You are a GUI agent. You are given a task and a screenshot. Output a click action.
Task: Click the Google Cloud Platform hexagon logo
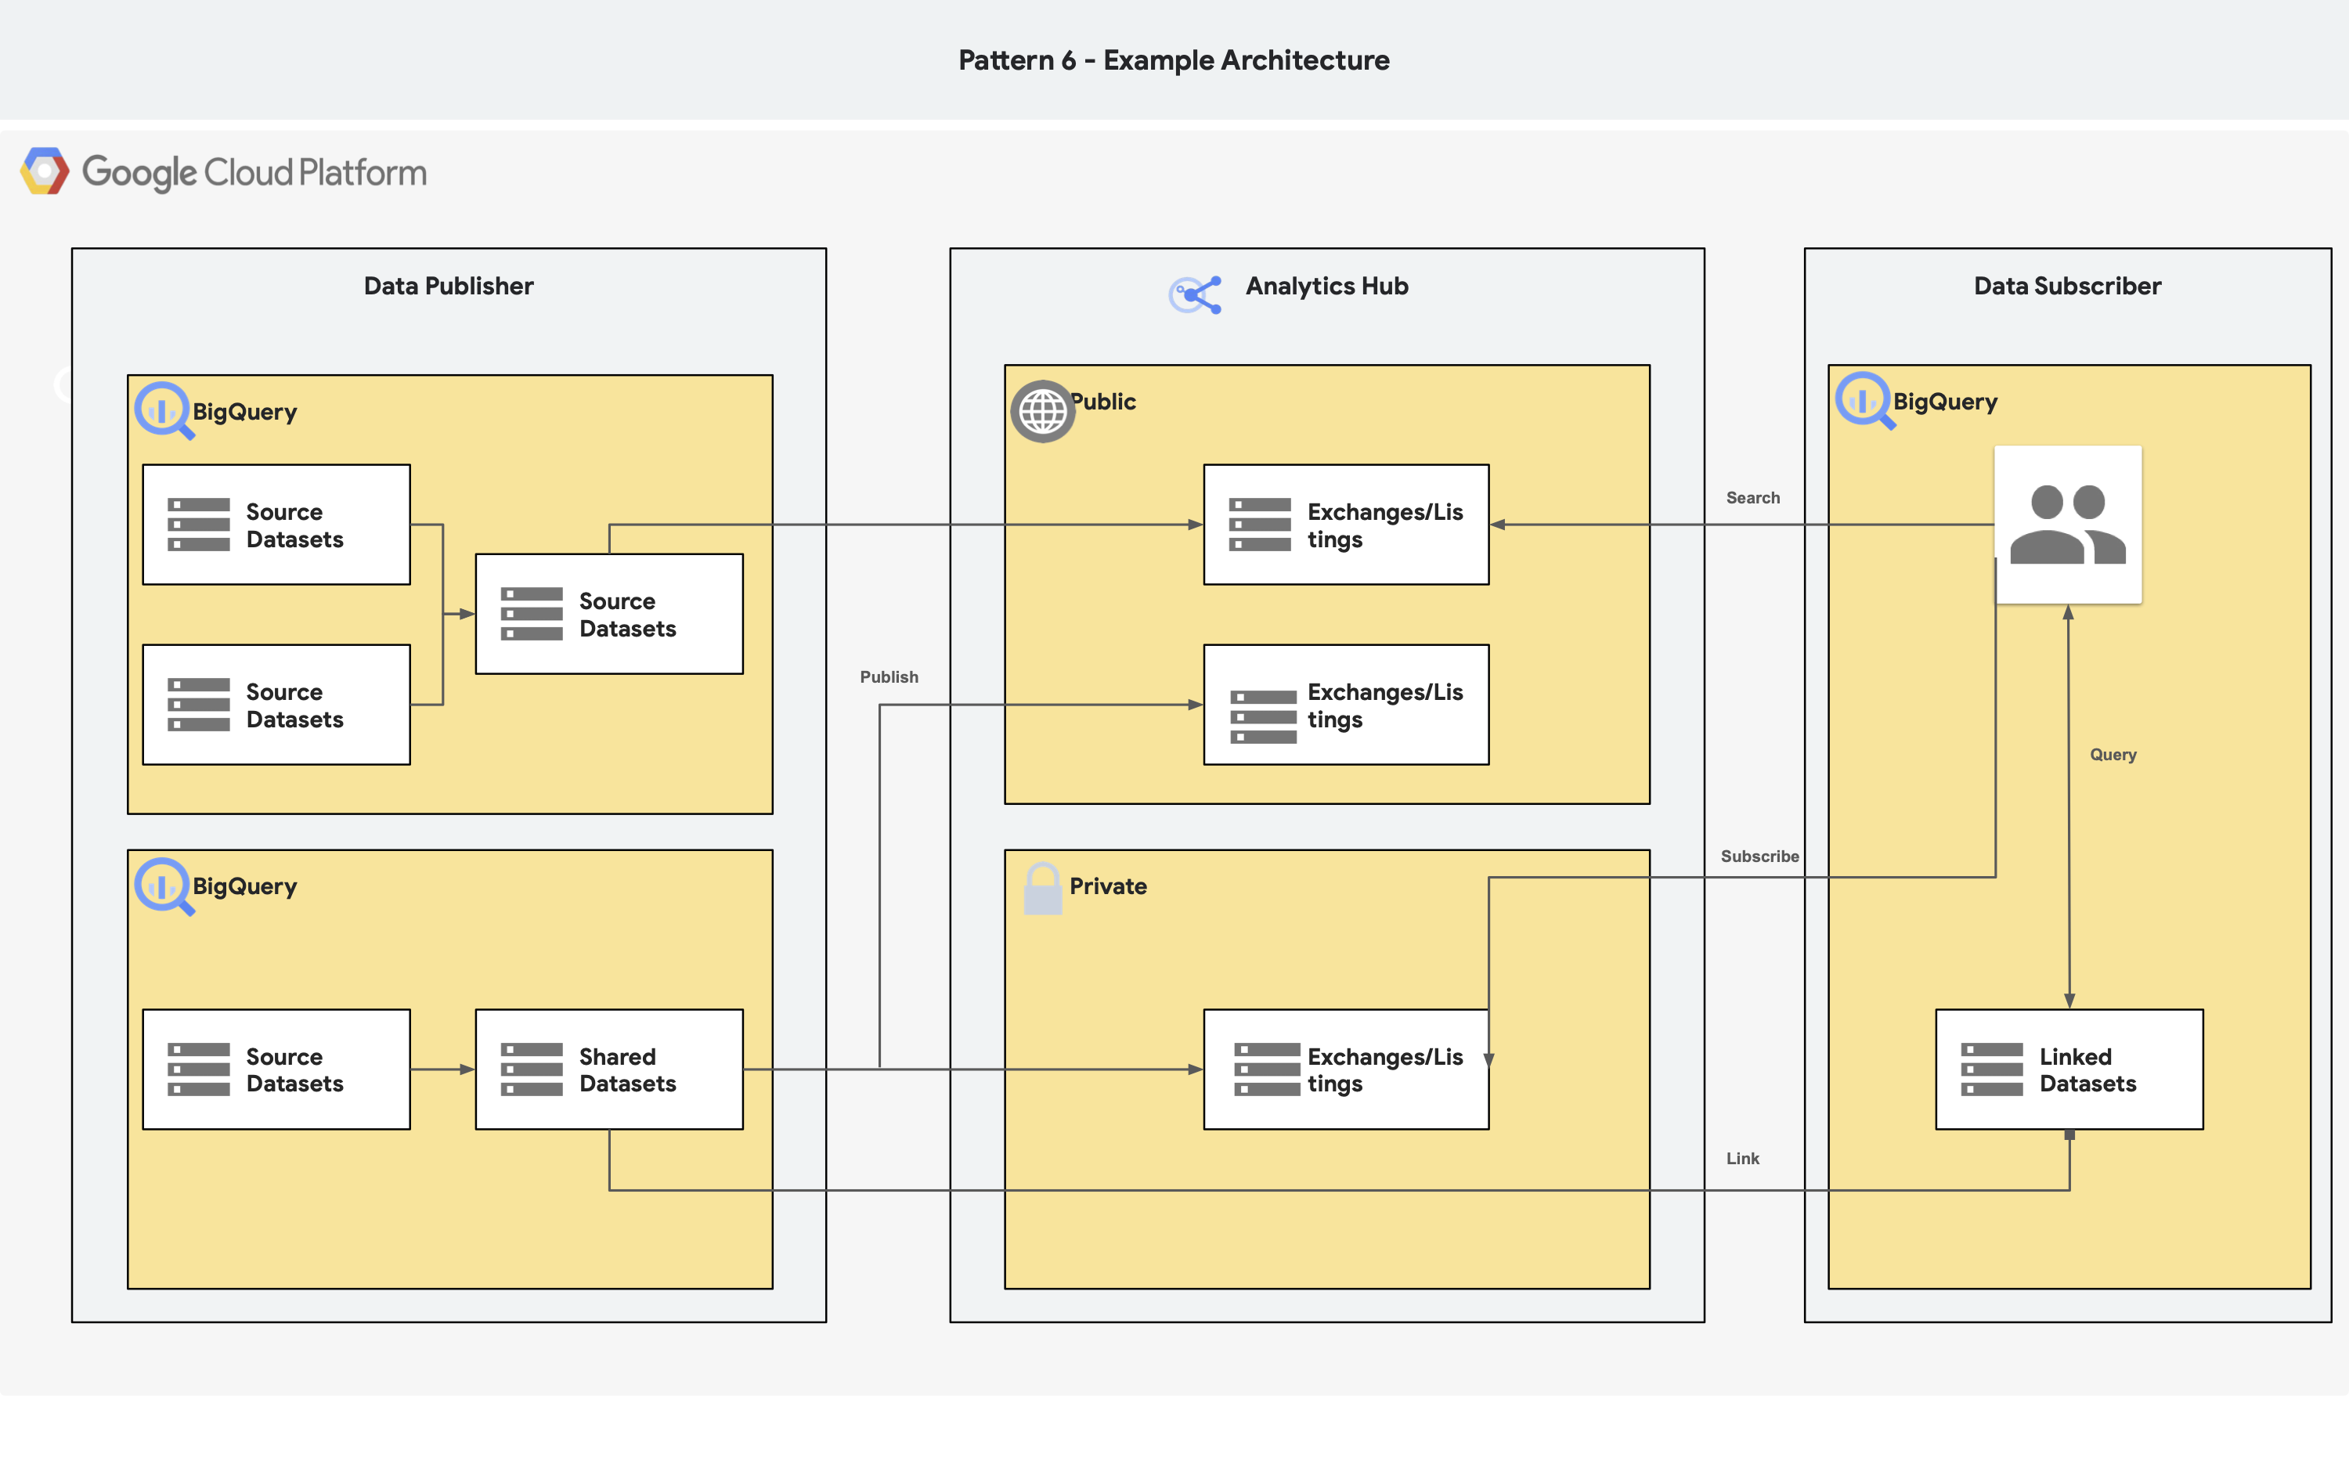pyautogui.click(x=45, y=171)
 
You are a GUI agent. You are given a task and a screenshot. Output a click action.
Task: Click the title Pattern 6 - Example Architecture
pyautogui.click(x=1174, y=60)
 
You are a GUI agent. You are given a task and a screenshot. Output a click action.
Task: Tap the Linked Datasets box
pyautogui.click(x=2069, y=1069)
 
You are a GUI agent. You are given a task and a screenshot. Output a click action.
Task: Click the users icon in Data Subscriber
pyautogui.click(x=2067, y=525)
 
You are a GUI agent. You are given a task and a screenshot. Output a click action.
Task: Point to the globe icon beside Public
pyautogui.click(x=1042, y=412)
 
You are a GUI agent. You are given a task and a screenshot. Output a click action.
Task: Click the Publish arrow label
pyautogui.click(x=888, y=676)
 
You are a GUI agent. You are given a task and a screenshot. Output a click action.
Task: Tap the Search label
pyautogui.click(x=1752, y=498)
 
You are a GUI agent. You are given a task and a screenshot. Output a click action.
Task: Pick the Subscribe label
pyautogui.click(x=1759, y=857)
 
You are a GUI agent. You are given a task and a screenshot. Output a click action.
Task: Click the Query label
pyautogui.click(x=2113, y=755)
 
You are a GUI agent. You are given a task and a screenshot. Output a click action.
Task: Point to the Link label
pyautogui.click(x=1741, y=1158)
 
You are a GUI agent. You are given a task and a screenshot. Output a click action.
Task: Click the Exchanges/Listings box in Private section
pyautogui.click(x=1345, y=1069)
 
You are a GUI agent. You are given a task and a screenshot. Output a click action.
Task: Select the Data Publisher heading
pyautogui.click(x=449, y=287)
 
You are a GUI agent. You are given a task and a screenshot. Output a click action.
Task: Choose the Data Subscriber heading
pyautogui.click(x=2066, y=287)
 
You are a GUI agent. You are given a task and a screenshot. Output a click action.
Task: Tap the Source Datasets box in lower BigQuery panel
pyautogui.click(x=276, y=1069)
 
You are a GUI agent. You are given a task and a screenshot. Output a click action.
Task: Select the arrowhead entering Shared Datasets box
pyautogui.click(x=467, y=1069)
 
